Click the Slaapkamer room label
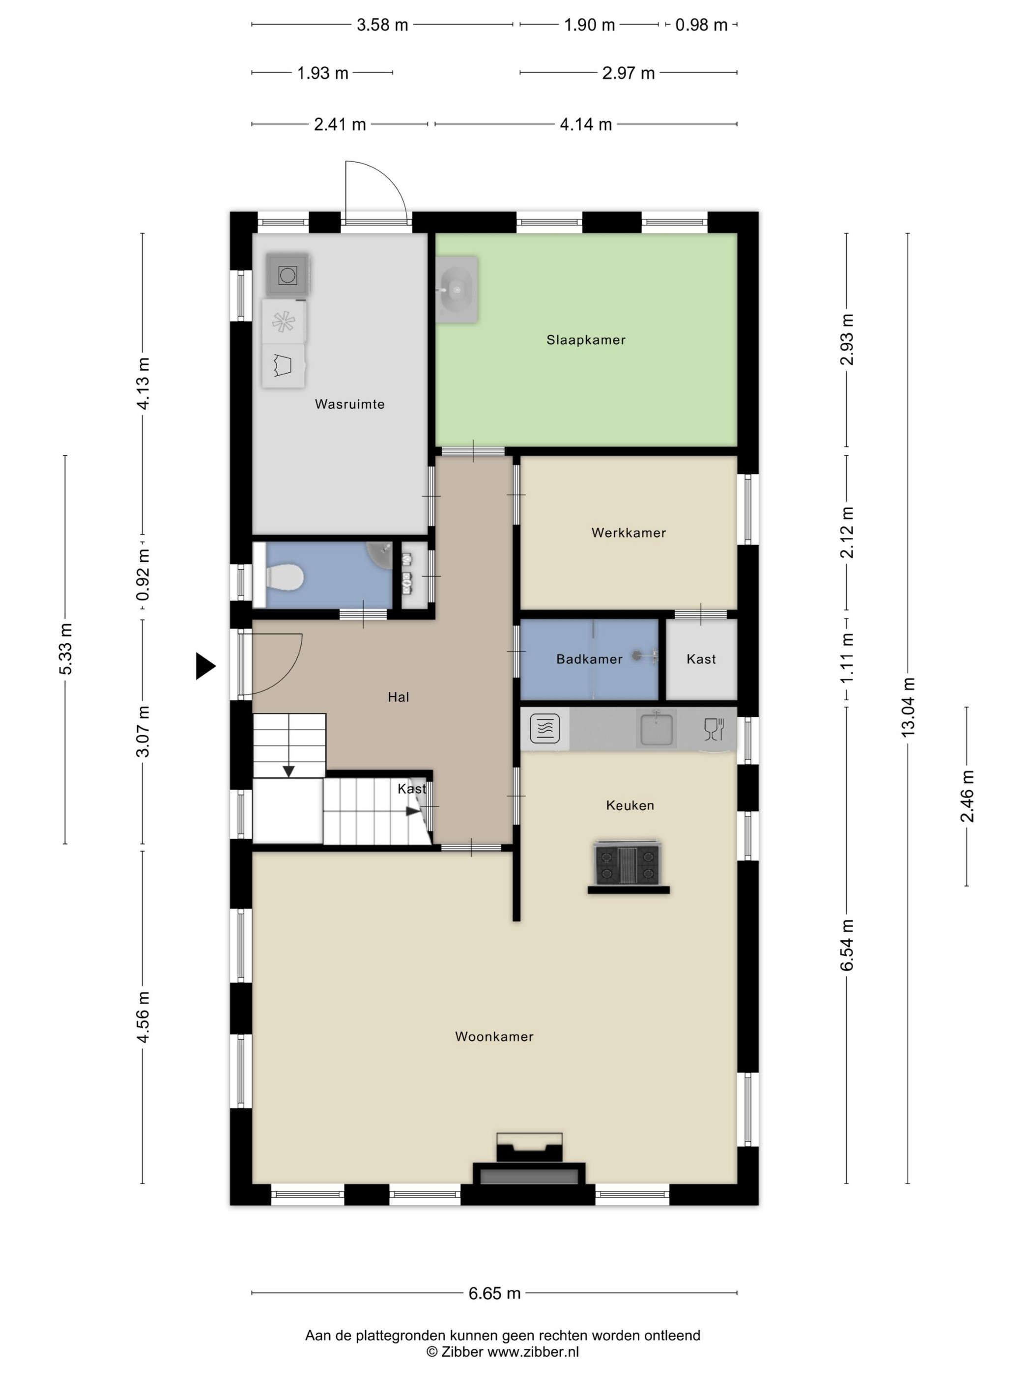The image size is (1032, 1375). tap(585, 340)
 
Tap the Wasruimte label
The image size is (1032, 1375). tap(349, 404)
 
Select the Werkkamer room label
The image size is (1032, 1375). tap(628, 533)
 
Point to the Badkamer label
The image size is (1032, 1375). tap(589, 659)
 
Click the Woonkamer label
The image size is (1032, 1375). tap(494, 1036)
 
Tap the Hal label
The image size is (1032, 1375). tap(398, 697)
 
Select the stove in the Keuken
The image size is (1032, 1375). tap(628, 863)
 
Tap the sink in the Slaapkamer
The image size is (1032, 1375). tap(457, 289)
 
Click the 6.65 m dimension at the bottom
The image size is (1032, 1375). tap(494, 1293)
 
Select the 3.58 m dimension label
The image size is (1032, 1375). tap(382, 25)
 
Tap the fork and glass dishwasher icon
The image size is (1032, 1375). tap(714, 729)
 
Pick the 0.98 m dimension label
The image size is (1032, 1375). tap(701, 25)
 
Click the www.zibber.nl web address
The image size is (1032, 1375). tap(533, 1352)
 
